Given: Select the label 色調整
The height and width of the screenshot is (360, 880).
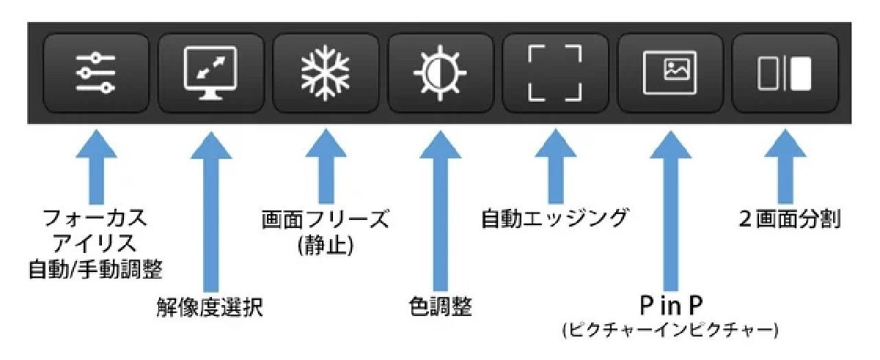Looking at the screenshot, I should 440,306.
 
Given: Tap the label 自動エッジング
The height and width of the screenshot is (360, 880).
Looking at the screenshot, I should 555,218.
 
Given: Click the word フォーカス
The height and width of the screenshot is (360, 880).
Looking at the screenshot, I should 95,218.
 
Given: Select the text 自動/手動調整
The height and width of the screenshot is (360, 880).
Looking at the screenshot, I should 95,270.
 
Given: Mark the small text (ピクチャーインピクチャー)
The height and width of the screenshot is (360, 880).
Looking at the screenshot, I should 670,331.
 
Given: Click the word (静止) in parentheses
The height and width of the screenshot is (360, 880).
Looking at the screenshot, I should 326,244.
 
